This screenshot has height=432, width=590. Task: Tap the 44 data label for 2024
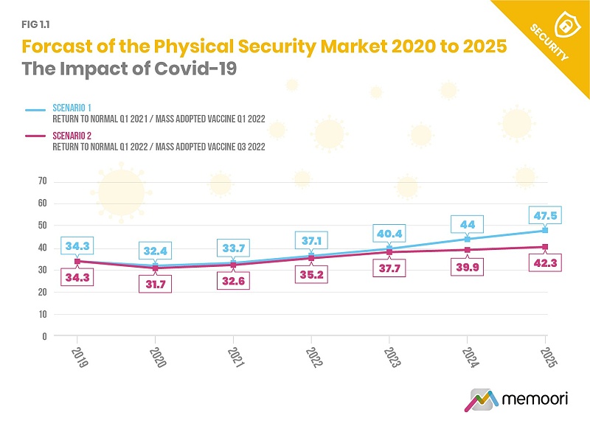click(468, 225)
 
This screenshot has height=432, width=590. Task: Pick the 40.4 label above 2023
click(389, 234)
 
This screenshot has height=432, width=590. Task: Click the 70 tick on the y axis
click(42, 181)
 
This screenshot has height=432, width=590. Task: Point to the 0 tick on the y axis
click(45, 336)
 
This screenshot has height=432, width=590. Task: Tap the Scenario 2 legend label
click(72, 136)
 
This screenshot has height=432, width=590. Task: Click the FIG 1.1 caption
click(35, 23)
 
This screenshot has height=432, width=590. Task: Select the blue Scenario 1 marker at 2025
click(546, 230)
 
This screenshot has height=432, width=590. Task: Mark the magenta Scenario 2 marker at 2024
click(468, 250)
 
